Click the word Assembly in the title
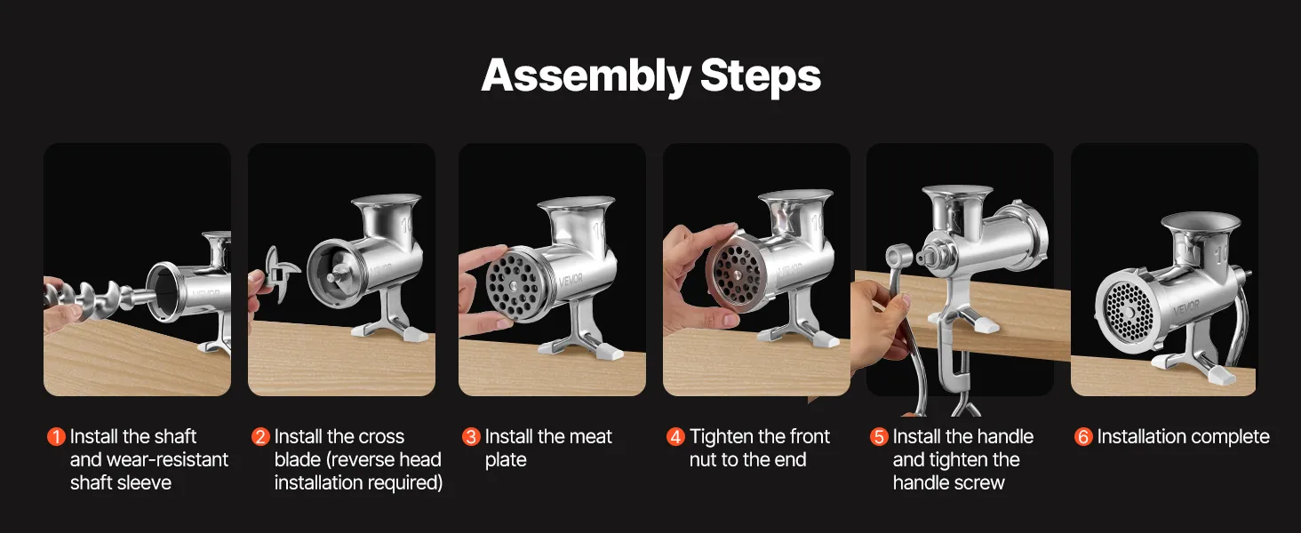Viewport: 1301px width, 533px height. pos(586,76)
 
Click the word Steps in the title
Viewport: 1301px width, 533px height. pos(761,76)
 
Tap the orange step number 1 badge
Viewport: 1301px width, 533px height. pos(56,437)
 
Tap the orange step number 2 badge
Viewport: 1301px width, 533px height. pos(260,437)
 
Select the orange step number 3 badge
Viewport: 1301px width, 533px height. pos(471,437)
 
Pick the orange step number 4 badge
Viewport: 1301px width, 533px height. pos(675,437)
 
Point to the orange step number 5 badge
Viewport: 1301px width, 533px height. pos(879,437)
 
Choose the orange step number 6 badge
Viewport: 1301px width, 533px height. pos(1083,437)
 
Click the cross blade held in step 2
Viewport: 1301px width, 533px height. pos(280,273)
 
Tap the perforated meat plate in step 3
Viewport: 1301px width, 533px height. pos(514,286)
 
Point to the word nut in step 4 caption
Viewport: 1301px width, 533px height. pos(703,460)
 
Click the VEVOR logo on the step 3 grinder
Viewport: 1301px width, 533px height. pos(571,280)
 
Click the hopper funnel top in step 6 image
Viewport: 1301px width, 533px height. pos(1201,224)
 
